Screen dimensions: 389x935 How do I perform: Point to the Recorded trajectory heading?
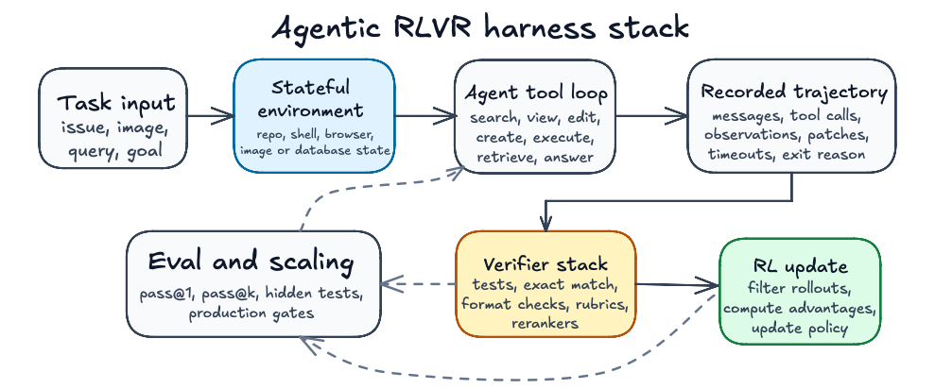click(794, 93)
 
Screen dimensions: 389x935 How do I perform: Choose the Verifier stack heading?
click(545, 263)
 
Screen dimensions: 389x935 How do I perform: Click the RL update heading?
click(799, 266)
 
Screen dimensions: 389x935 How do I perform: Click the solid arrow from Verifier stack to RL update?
click(677, 284)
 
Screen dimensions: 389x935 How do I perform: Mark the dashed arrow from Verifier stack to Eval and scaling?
click(419, 284)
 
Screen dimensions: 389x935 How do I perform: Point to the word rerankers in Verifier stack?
click(545, 323)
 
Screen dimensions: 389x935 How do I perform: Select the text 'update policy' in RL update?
click(799, 328)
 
